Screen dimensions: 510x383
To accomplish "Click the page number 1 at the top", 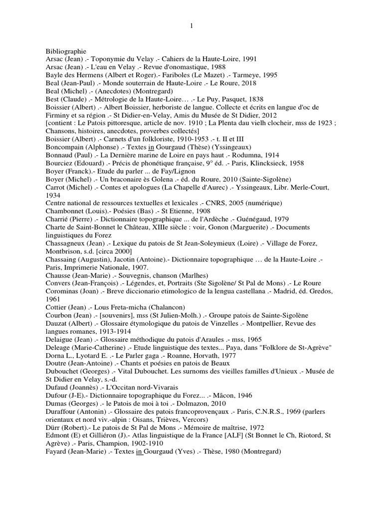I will tap(191, 26).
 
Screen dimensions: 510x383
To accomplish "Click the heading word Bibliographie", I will tap(66, 51).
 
